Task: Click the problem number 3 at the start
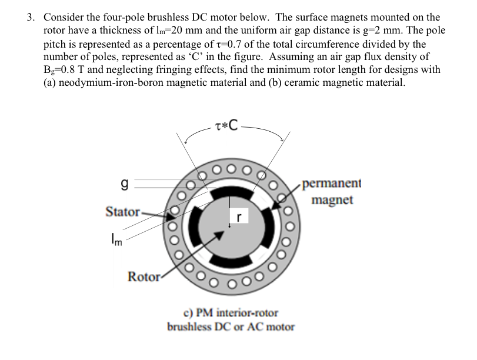pos(29,17)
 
